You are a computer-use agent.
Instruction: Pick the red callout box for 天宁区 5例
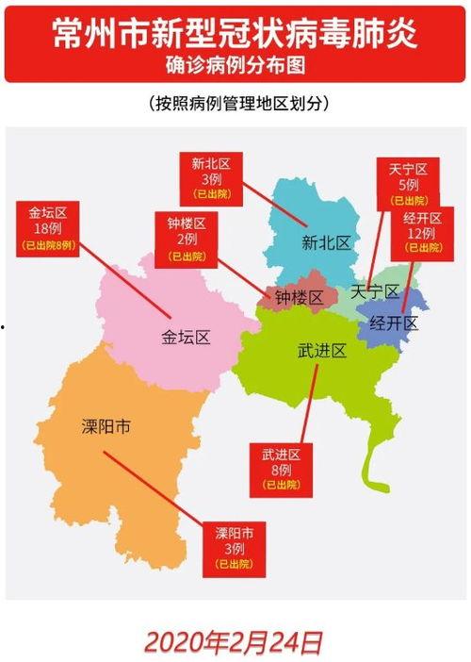coord(407,184)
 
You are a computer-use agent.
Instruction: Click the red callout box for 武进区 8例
coord(281,470)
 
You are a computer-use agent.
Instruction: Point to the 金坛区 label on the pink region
coord(185,337)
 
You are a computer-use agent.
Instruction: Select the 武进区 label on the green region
coord(322,351)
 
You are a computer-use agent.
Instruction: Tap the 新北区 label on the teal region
coord(326,242)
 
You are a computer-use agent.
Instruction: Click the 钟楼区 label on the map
coord(300,297)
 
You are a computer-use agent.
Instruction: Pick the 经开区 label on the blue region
coord(394,323)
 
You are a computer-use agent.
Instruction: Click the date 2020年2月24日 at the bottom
coord(234,642)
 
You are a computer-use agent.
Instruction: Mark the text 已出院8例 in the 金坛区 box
coord(46,244)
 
